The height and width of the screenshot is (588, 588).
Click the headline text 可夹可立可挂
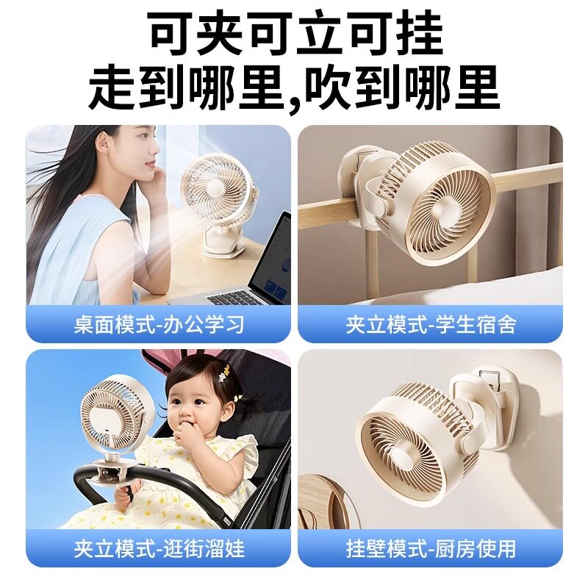(x=296, y=35)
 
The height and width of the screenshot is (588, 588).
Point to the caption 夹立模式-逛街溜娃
(x=159, y=549)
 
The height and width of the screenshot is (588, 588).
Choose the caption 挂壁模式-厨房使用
(x=431, y=549)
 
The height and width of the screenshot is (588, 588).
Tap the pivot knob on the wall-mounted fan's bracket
(x=470, y=444)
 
